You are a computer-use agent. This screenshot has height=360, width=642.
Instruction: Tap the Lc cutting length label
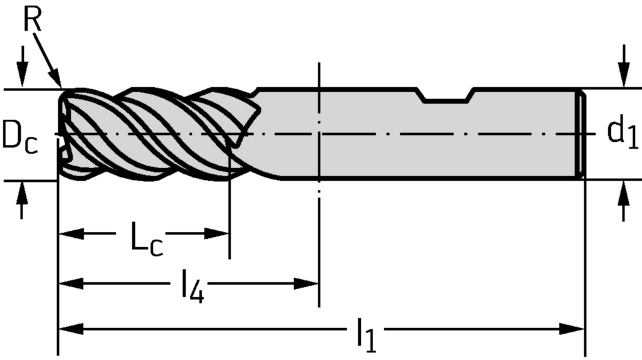tap(147, 238)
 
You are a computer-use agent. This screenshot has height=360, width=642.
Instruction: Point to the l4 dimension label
tap(192, 287)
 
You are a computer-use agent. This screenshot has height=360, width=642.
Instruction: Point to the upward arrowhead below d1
tap(623, 191)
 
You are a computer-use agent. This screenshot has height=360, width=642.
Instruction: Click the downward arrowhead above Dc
tap(23, 78)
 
